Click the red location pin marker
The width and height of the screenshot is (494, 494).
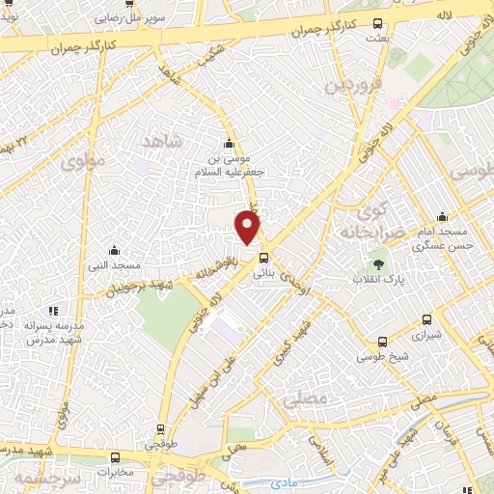249,227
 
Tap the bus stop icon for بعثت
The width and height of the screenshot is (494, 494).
377,24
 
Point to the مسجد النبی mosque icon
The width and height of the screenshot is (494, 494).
115,249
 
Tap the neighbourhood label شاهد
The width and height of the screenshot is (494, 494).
162,141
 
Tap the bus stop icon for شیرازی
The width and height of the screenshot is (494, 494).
425,321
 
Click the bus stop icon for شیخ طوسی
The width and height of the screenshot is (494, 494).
382,342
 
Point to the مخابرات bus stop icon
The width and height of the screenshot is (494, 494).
115,457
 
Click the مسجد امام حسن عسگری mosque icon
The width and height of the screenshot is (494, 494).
441,216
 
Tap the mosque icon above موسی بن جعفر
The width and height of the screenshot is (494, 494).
229,140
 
